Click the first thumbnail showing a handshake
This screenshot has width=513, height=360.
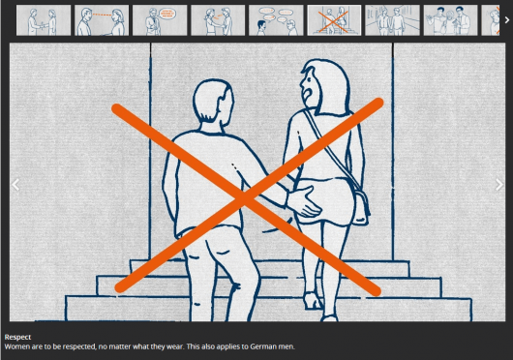coord(44,20)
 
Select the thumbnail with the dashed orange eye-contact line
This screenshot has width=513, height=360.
coord(102,20)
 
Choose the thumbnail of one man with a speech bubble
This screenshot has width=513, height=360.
coord(160,20)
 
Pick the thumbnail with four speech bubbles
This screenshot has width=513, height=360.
coord(276,20)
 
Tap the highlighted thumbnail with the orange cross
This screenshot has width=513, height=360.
coord(334,20)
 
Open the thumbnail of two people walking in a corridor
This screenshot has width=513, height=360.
coord(392,20)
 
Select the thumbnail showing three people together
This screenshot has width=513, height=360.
coord(450,20)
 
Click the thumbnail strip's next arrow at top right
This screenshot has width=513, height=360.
coord(507,20)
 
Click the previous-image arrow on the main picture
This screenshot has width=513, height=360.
coord(15,185)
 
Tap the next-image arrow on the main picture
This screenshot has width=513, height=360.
coord(499,185)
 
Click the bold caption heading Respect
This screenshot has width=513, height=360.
coord(17,337)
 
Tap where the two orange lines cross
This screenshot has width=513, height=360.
coord(245,197)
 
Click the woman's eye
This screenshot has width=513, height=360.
coord(309,79)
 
